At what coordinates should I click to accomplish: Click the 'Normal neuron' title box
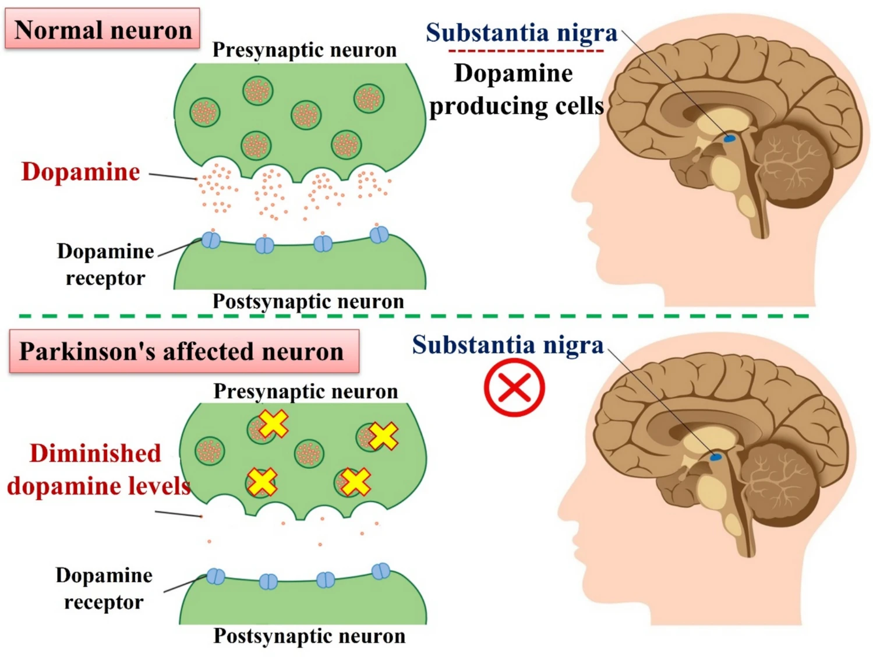[103, 29]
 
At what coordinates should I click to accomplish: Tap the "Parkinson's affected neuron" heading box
[183, 352]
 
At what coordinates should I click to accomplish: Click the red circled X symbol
[514, 387]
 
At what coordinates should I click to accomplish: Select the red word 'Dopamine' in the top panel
[81, 172]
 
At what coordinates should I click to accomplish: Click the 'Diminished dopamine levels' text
[98, 469]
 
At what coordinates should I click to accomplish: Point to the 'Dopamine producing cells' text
[515, 90]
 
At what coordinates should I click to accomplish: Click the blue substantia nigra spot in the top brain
[729, 138]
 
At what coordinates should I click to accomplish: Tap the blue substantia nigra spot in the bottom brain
[715, 457]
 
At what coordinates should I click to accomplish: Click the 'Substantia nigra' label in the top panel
[521, 33]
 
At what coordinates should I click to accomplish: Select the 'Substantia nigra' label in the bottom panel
[508, 345]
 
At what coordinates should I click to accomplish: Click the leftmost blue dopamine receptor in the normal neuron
[211, 239]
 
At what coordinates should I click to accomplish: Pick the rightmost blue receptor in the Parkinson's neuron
[381, 571]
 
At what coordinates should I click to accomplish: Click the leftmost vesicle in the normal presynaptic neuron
[204, 112]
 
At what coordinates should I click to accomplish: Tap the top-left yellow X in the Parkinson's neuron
[273, 423]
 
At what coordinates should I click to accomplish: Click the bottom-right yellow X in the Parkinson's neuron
[355, 482]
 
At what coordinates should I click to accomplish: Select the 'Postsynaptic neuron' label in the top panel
[308, 302]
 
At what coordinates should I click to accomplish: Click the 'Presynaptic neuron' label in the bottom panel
[306, 391]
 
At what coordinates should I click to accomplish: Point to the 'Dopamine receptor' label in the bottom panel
[104, 588]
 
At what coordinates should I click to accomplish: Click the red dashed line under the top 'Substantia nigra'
[526, 51]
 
